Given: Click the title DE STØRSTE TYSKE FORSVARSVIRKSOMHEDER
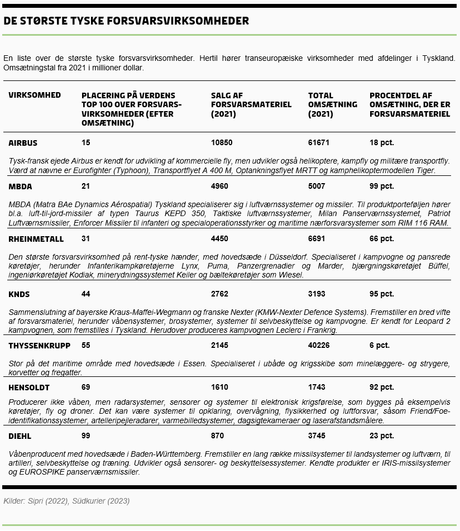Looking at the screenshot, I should [126, 21].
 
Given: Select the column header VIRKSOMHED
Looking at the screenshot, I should [35, 95].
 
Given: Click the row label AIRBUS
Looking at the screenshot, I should [23, 143].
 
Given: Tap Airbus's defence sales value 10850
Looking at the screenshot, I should [222, 143].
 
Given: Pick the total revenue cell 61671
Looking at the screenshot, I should [319, 143].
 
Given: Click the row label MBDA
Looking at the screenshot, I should [20, 186].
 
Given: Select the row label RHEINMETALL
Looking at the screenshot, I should [36, 239].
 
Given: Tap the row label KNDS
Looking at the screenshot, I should [19, 294].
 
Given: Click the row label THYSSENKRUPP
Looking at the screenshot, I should [40, 346].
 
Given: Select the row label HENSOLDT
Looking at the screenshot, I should [29, 388].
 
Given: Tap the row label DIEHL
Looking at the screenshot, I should [20, 436].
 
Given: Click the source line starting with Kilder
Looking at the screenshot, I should [66, 501].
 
